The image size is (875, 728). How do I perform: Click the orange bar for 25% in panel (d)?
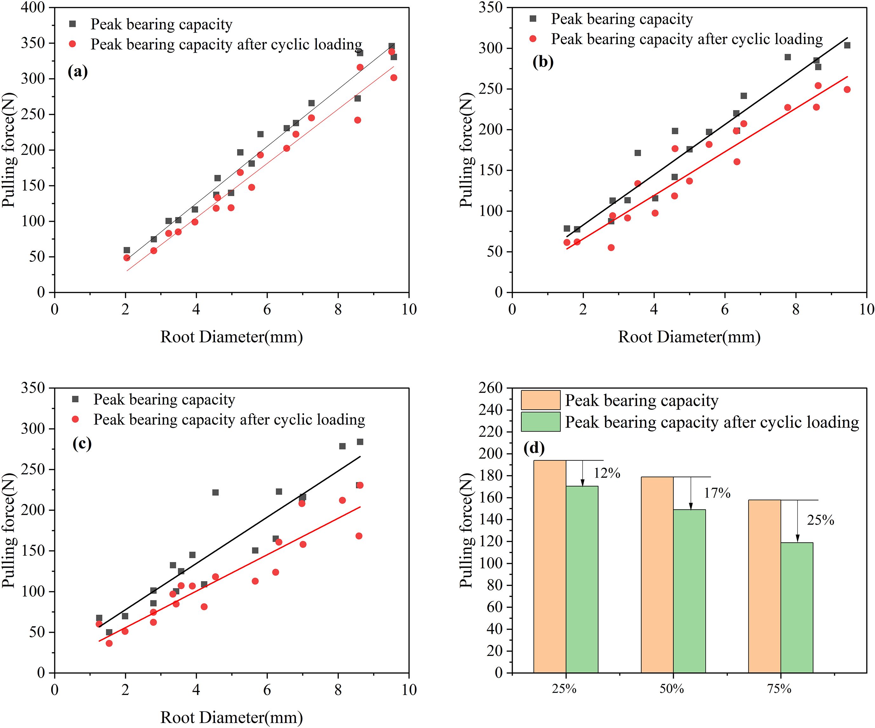550,566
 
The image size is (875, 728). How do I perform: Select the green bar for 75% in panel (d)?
797,608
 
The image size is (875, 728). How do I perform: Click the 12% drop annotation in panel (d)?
607,473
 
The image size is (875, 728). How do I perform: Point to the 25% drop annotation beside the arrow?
820,520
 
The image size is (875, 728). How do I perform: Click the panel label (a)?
78,72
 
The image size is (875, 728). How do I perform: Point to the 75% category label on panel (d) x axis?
779,689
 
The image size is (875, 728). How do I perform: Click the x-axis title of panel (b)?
689,336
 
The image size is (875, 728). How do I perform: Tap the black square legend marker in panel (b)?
532,19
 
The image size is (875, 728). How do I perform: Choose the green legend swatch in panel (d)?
540,422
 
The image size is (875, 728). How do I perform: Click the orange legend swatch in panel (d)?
540,400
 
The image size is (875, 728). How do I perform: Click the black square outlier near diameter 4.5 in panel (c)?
216,492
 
